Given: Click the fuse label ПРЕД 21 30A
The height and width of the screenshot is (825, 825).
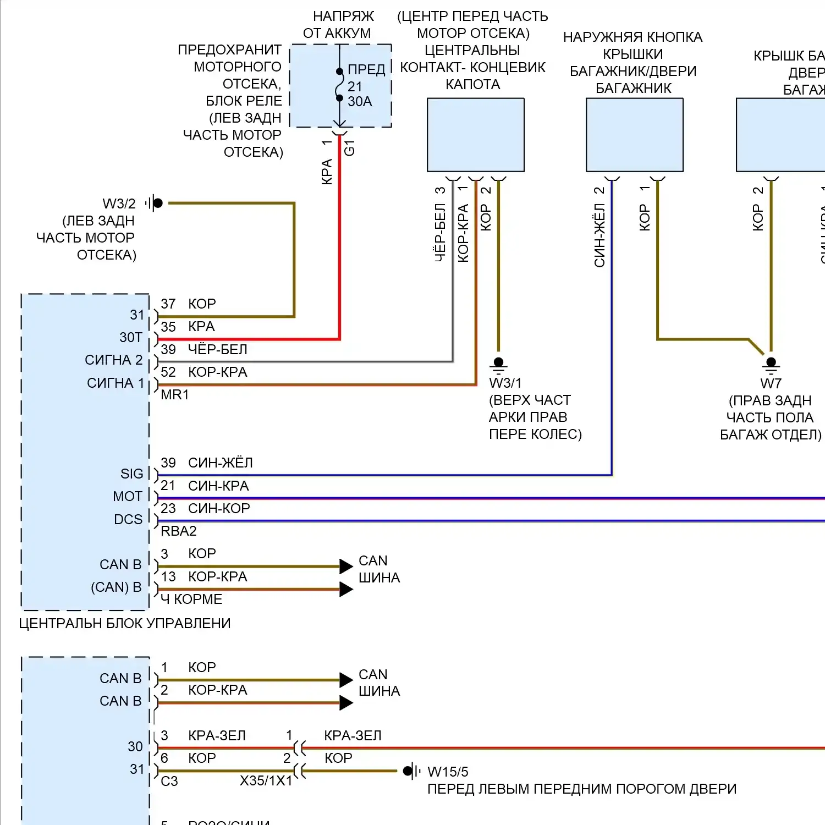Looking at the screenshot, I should [x=365, y=86].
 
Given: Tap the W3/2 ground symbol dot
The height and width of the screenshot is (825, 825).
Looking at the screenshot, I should [x=158, y=204].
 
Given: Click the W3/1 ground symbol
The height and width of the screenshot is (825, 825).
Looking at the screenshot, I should [x=498, y=364].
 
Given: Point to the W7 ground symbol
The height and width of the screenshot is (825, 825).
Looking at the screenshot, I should [x=771, y=364].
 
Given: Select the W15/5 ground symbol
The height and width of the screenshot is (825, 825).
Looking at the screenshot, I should [x=409, y=771].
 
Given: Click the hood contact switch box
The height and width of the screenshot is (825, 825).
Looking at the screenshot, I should [x=475, y=135].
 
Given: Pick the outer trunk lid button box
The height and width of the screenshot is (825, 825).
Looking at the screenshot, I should [x=634, y=135].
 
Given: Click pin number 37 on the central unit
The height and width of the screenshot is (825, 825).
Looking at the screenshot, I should [x=168, y=304].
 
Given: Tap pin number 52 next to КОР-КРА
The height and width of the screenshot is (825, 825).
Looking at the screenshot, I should [x=168, y=372].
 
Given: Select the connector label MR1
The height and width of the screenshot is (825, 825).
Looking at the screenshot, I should [x=175, y=395].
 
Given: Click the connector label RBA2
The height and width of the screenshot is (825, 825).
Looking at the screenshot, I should [x=178, y=531].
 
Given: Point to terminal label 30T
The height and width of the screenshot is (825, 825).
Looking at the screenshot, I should [x=131, y=338].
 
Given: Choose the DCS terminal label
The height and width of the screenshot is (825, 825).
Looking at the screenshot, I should [x=128, y=520].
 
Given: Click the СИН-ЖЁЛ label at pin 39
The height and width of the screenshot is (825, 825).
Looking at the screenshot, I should [x=221, y=463].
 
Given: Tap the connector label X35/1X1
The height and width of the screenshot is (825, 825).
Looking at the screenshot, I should [x=266, y=781].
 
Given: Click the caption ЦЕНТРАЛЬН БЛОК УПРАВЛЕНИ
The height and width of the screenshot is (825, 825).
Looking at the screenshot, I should [x=125, y=624].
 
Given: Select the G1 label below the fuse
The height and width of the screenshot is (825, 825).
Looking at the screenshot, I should [x=349, y=147].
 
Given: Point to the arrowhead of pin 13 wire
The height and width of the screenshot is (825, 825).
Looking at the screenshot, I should [x=346, y=590].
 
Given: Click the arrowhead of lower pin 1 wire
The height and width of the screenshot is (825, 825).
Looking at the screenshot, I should [x=346, y=680].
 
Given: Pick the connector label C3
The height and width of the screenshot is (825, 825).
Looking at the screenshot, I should [x=169, y=782].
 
